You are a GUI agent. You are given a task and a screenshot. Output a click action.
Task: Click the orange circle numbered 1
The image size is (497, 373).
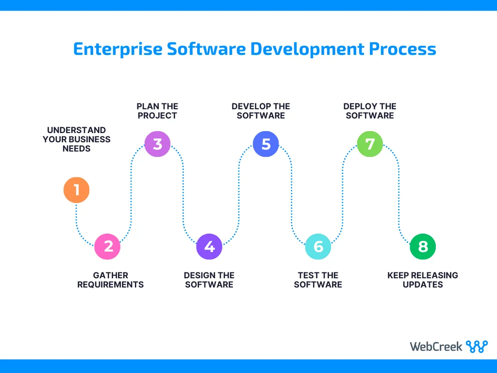tap(77, 190)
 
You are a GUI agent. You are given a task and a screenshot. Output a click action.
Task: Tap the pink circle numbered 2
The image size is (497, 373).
tap(107, 246)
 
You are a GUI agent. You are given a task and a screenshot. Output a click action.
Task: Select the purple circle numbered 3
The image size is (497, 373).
tap(158, 144)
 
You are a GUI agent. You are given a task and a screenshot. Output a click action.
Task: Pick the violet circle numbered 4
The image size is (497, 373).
tap(209, 246)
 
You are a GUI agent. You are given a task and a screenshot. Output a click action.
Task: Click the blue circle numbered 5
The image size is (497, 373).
tap(266, 144)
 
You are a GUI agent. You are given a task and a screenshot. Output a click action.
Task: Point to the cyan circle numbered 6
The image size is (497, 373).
tap(318, 246)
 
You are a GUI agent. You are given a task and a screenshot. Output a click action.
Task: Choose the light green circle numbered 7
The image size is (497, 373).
tap(370, 144)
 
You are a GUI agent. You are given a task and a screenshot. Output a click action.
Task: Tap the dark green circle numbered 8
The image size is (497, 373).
tap(423, 246)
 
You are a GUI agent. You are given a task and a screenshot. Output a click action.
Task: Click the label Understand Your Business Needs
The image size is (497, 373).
tap(77, 139)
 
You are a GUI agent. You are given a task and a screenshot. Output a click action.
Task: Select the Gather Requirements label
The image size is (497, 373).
tap(111, 280)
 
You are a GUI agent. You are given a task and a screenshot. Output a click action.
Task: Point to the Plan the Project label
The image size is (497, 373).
tap(157, 111)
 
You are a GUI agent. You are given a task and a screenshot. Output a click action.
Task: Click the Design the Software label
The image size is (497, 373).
tap(209, 280)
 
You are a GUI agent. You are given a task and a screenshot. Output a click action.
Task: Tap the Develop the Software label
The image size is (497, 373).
tap(261, 111)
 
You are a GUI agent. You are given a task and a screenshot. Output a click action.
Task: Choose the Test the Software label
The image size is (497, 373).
tap(318, 280)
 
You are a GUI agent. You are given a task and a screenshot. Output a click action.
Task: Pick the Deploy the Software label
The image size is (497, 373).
tap(370, 111)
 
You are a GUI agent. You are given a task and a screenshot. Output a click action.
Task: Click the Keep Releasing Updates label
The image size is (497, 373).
tap(423, 280)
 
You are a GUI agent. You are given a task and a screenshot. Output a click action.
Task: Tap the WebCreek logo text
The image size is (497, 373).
tap(436, 346)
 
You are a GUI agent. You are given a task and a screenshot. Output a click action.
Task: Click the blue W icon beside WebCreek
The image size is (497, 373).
tap(476, 346)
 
